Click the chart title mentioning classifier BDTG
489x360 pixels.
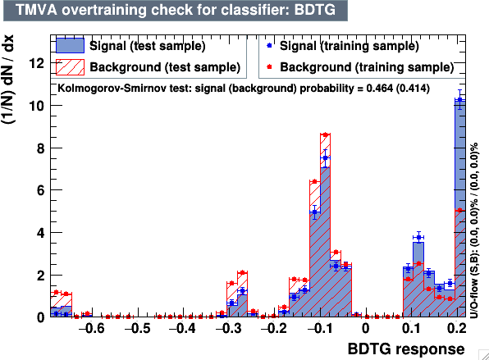pyautogui.click(x=176, y=10)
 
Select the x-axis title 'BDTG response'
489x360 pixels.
pyautogui.click(x=406, y=349)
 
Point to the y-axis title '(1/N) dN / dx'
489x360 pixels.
pyautogui.click(x=8, y=80)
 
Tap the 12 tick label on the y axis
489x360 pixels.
pyautogui.click(x=36, y=64)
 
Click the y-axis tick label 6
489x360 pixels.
pyautogui.click(x=40, y=190)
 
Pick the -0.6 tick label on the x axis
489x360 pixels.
pyautogui.click(x=91, y=328)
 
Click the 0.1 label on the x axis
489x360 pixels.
pyautogui.click(x=411, y=328)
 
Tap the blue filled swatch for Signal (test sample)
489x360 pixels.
pyautogui.click(x=70, y=45)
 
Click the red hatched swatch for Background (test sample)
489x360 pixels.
pyautogui.click(x=70, y=67)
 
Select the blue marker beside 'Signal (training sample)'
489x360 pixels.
pyautogui.click(x=269, y=45)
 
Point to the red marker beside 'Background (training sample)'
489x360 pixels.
pyautogui.click(x=269, y=66)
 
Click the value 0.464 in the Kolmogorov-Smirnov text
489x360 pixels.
pyautogui.click(x=380, y=89)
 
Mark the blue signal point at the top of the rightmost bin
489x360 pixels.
pyautogui.click(x=459, y=100)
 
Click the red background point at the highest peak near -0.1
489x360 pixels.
pyautogui.click(x=325, y=134)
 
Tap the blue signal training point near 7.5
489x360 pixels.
pyautogui.click(x=325, y=158)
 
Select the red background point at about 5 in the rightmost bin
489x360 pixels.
pyautogui.click(x=459, y=211)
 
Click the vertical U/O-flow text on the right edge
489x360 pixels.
pyautogui.click(x=473, y=230)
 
